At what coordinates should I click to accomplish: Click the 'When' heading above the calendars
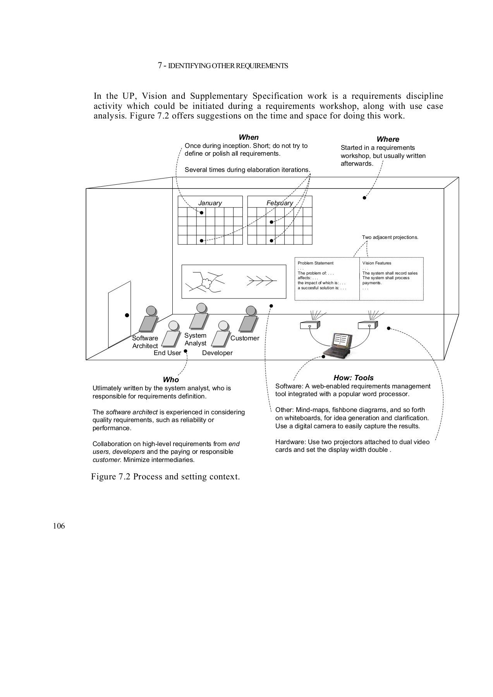pos(249,137)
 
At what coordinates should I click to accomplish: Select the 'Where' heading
pos(388,139)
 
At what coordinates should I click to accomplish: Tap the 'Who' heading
pos(171,380)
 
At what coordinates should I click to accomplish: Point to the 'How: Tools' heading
pos(354,378)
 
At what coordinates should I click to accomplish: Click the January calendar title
pos(210,203)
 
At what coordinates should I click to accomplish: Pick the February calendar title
pos(280,203)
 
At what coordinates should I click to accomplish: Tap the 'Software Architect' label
pos(145,342)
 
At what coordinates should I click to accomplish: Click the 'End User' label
pos(167,353)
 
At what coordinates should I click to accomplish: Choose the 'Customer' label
pos(245,338)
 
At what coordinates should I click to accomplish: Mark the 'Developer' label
pos(217,353)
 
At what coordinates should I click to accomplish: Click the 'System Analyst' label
pos(195,339)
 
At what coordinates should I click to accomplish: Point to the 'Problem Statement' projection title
pos(316,263)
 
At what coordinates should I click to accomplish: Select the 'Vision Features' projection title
pos(377,263)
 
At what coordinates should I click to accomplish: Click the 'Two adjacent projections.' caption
pos(390,237)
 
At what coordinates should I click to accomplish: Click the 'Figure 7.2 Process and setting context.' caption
pos(165,476)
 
